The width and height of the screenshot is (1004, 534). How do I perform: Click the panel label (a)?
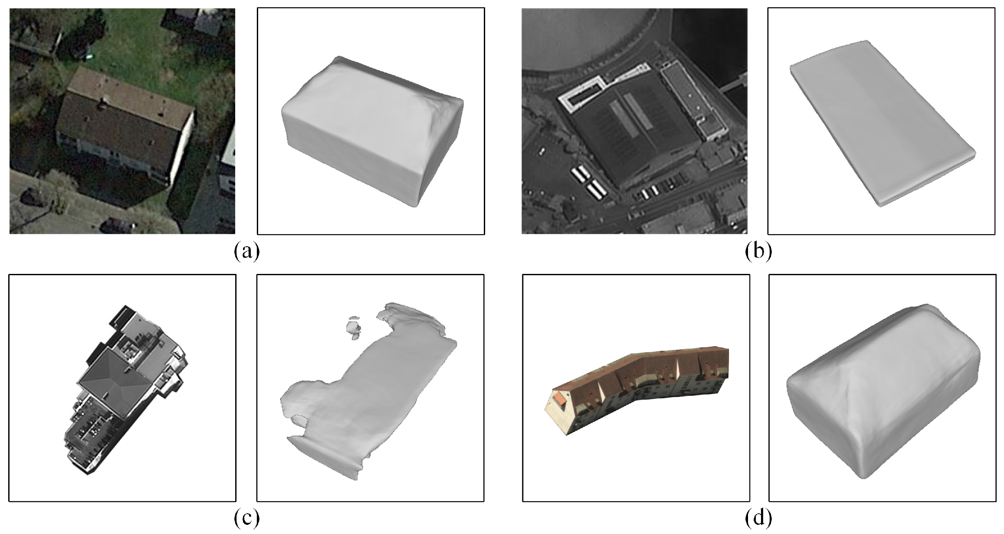(x=247, y=251)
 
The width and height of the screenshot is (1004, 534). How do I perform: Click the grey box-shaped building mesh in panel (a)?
(x=372, y=130)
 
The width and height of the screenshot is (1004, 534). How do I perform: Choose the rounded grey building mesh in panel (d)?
(x=882, y=393)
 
